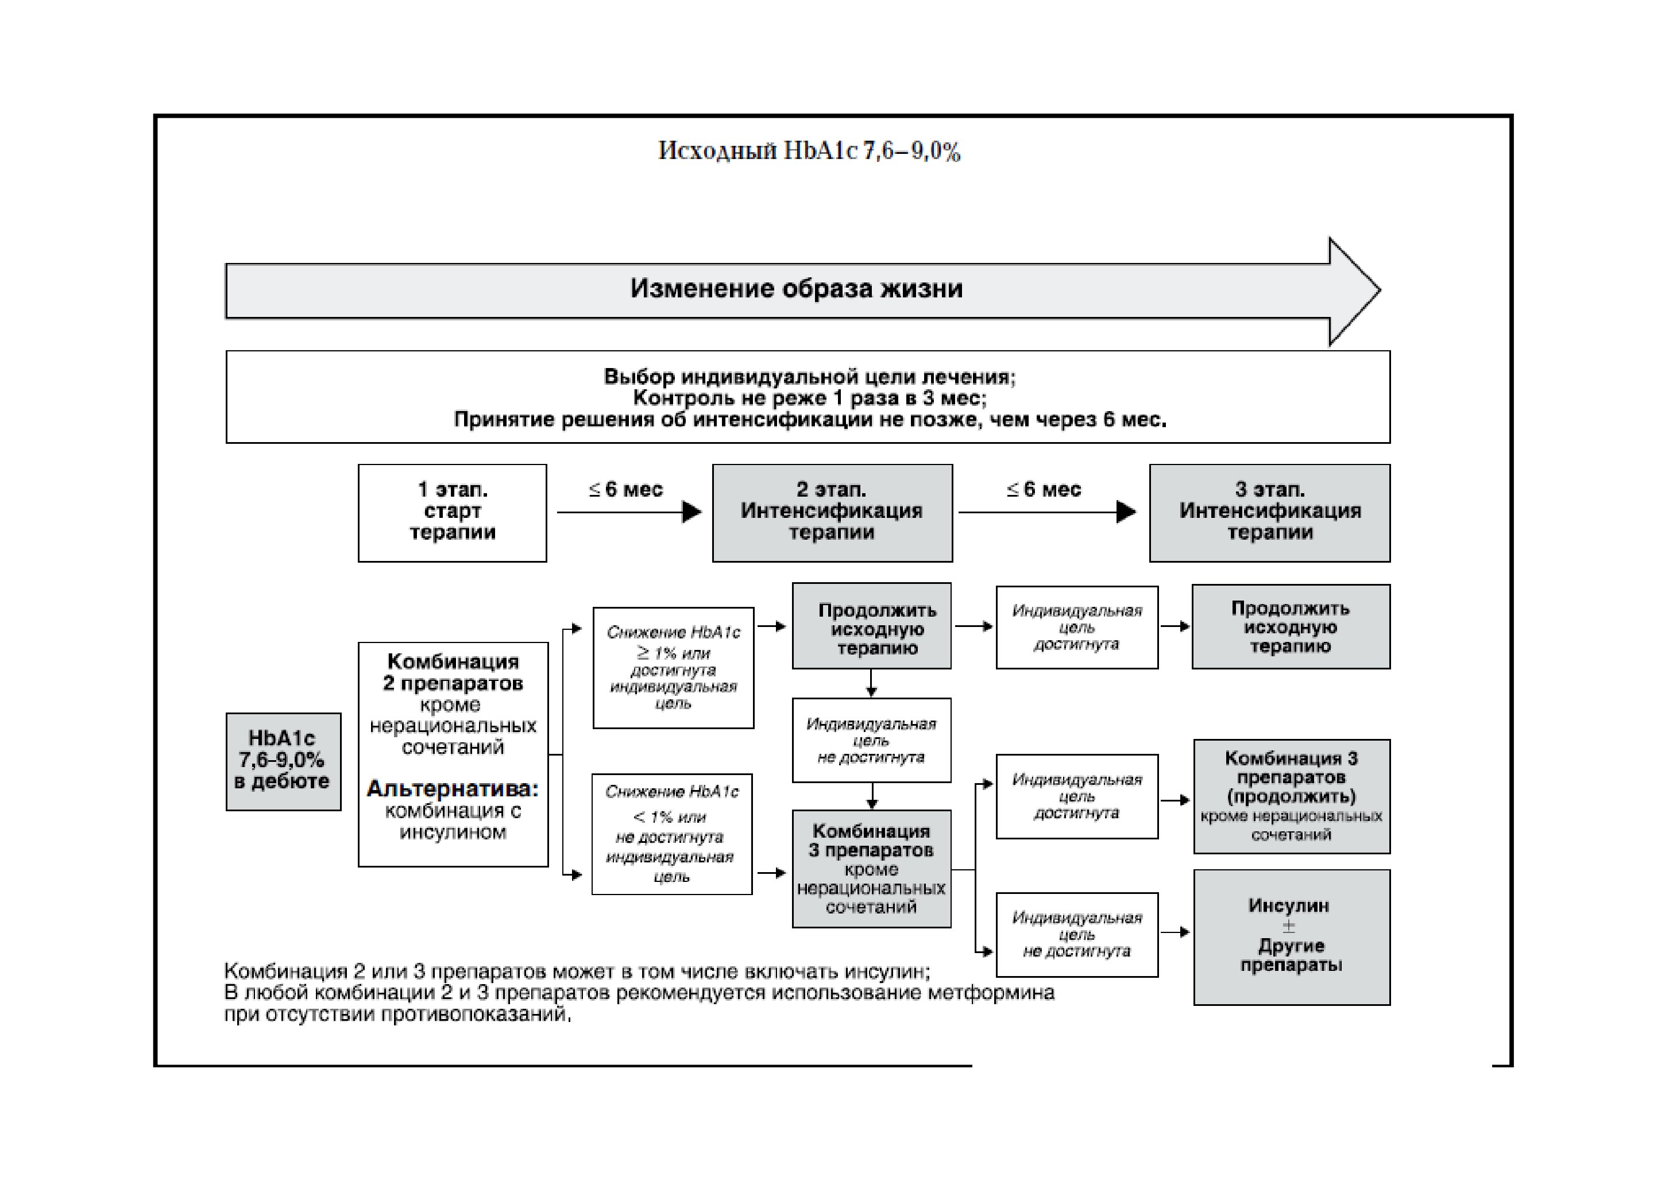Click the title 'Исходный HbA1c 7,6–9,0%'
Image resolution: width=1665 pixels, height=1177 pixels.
point(809,151)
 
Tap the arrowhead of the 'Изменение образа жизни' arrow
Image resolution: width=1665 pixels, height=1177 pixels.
point(1355,291)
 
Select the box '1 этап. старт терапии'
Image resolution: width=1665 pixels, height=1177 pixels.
point(453,513)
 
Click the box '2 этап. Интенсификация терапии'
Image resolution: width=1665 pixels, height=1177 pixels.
point(833,513)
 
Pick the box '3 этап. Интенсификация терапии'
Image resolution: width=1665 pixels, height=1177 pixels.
point(1270,513)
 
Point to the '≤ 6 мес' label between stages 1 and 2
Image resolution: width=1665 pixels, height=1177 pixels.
point(626,490)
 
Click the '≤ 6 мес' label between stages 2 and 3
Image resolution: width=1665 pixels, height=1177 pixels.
point(1044,490)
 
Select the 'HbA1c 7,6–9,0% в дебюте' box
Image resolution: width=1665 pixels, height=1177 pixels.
point(284,762)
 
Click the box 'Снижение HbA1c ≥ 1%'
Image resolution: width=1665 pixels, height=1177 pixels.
point(674,668)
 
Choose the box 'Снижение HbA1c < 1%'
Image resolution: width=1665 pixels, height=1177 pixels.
point(672,834)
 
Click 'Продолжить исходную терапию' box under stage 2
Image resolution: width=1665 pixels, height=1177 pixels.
point(872,625)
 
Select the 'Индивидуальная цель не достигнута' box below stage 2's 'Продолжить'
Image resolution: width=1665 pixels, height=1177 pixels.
point(872,740)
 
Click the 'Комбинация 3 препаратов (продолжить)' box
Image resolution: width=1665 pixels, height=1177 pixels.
point(1292,796)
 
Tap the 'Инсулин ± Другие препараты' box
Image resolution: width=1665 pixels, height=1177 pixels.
point(1292,937)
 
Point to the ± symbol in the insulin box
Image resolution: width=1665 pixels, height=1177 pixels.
point(1289,926)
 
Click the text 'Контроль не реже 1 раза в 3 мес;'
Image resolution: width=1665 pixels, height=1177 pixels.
point(809,398)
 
